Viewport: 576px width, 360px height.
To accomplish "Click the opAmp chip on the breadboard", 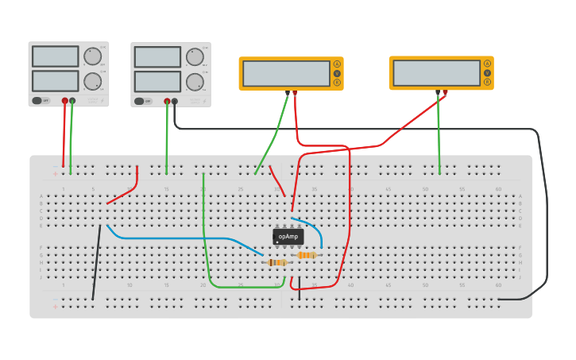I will [288, 237].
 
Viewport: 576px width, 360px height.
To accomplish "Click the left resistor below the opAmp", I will [276, 262].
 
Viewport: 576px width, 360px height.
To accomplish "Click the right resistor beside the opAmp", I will [307, 255].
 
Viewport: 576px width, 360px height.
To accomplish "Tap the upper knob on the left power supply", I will [93, 56].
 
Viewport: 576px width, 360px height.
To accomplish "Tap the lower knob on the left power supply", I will [93, 81].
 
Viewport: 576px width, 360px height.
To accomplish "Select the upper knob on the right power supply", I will [195, 57].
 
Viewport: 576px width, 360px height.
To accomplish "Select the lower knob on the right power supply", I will [195, 82].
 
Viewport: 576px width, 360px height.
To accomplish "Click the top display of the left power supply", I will [55, 56].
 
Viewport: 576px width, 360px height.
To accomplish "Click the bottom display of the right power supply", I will [157, 82].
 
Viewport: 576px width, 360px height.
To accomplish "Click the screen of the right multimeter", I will [436, 73].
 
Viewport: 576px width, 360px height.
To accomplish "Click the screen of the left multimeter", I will [286, 74].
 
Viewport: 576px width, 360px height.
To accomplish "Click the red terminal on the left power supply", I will [65, 101].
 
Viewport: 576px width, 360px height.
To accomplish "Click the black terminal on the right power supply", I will [175, 101].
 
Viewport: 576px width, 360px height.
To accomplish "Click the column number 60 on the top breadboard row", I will [498, 189].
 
